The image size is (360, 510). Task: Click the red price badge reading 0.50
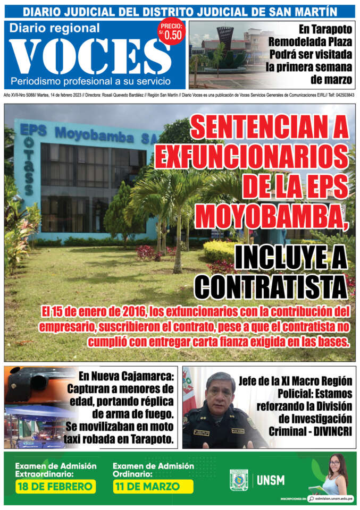pyautogui.click(x=171, y=32)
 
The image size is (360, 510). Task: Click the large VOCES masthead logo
pyautogui.click(x=90, y=56)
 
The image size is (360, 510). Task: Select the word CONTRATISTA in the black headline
pyautogui.click(x=271, y=286)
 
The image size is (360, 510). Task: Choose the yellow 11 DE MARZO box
pyautogui.click(x=153, y=487)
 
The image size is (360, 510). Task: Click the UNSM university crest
pyautogui.click(x=239, y=480)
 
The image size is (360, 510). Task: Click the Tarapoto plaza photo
pyautogui.click(x=227, y=55)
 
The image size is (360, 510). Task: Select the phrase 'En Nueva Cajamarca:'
pyautogui.click(x=126, y=377)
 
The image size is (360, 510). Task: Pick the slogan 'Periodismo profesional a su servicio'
pyautogui.click(x=91, y=81)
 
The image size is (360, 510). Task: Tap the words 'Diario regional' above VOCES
pyautogui.click(x=55, y=28)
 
